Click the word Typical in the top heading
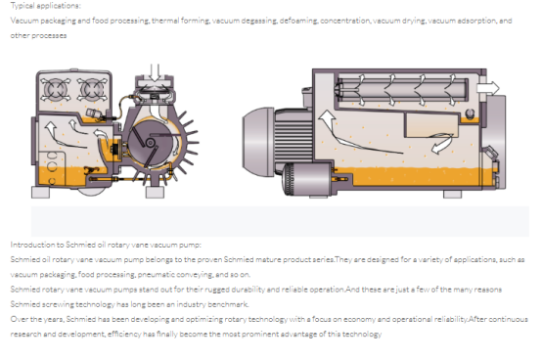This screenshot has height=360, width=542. (23, 6)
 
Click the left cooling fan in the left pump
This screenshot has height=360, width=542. (56, 89)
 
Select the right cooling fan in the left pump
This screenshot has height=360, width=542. (92, 89)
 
